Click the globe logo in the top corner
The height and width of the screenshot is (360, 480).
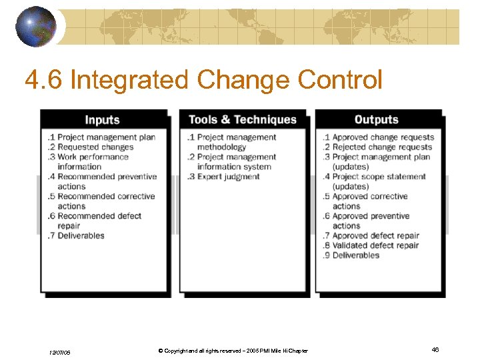tap(36, 26)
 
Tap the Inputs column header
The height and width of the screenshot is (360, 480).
tap(102, 120)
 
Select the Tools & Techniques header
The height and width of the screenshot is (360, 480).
tap(242, 119)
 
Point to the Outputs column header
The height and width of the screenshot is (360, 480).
tap(376, 120)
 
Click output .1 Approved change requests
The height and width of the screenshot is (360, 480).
tap(378, 137)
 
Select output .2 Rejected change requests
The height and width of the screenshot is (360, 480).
tap(377, 147)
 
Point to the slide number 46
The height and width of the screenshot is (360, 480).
tap(435, 349)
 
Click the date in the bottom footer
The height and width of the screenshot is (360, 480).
tap(59, 351)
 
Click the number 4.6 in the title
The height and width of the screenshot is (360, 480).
tap(43, 81)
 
